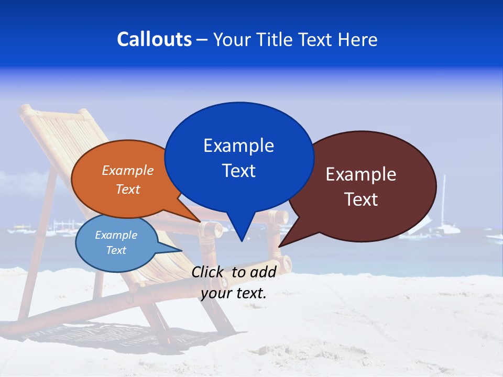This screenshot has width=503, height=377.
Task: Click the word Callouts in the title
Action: pos(154,39)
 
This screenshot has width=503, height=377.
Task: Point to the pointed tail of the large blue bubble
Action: pos(241,238)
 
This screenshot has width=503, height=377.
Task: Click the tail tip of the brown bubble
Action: pos(280,246)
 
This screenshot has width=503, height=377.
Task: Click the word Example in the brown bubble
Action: pos(361,174)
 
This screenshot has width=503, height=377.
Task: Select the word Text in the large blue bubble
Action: pos(239,171)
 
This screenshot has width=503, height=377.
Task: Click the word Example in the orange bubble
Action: pos(128,171)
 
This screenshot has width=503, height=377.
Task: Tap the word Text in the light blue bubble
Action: pos(116,250)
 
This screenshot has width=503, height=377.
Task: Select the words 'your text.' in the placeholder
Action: pos(234,293)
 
